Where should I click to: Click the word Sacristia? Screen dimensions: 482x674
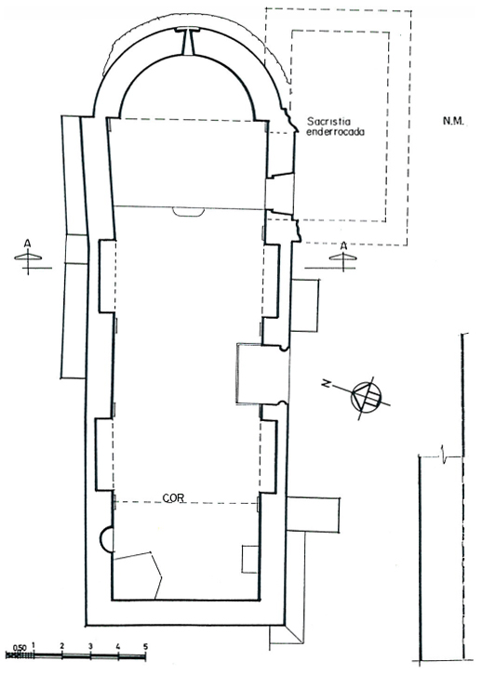(x=328, y=122)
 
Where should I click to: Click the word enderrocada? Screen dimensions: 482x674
(x=335, y=131)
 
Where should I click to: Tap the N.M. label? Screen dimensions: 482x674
(x=453, y=121)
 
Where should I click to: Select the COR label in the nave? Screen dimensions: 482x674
(x=173, y=498)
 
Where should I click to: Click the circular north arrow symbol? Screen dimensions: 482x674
(x=367, y=396)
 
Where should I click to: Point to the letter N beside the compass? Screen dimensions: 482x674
(x=328, y=384)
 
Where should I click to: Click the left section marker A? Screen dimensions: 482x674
(x=28, y=257)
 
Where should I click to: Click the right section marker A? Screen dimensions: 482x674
(x=343, y=256)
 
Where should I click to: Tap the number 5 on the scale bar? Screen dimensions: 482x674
(x=145, y=646)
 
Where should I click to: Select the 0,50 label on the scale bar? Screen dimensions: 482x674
(x=20, y=647)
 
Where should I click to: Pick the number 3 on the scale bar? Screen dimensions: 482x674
(x=90, y=646)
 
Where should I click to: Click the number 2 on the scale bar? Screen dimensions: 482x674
(x=62, y=646)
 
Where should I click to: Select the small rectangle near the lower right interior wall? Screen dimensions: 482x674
(x=249, y=559)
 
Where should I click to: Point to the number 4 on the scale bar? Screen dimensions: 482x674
(x=118, y=646)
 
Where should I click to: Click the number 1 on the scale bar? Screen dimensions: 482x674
(x=33, y=645)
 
